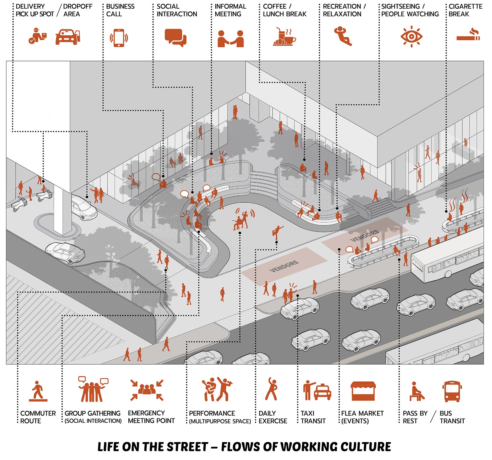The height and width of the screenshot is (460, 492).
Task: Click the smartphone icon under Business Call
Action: [119, 38]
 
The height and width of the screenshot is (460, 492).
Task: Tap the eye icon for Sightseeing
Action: [412, 37]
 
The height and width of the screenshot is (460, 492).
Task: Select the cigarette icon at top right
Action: [468, 35]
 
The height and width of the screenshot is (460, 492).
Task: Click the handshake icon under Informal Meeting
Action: [231, 39]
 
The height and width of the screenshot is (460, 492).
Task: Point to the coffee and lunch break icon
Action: [284, 37]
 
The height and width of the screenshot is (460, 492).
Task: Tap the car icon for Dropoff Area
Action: [68, 37]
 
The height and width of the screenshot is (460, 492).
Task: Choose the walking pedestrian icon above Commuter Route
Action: [38, 391]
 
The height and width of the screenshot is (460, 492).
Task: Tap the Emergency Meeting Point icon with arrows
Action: [147, 390]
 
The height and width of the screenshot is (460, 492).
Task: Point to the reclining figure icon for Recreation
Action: [343, 36]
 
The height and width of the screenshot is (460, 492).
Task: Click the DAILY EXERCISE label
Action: [273, 417]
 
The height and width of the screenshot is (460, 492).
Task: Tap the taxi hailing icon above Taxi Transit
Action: [317, 391]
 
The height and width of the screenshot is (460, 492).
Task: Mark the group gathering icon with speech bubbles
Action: [93, 389]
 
